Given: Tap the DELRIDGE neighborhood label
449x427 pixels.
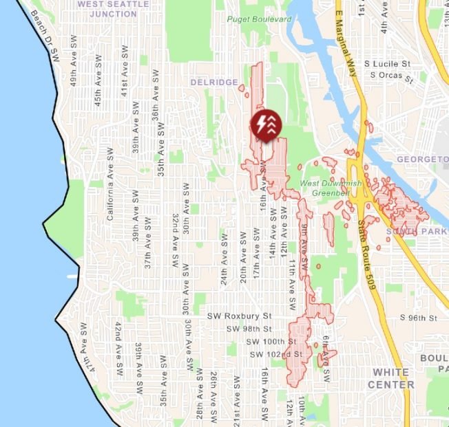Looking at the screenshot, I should (x=214, y=83).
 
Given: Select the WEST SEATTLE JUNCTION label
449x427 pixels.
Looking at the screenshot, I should (x=113, y=8).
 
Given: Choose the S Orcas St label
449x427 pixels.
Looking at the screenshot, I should (x=390, y=75).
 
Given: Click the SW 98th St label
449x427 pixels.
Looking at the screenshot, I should (x=250, y=329).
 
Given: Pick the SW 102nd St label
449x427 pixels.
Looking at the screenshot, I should (x=275, y=354).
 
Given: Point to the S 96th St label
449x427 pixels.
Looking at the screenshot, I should (x=419, y=318).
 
